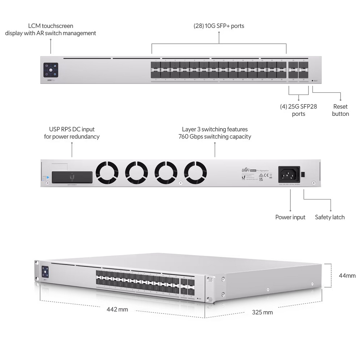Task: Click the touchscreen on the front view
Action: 51,70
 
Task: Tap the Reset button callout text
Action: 340,110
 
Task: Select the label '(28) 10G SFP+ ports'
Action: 219,26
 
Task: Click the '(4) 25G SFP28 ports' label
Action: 298,110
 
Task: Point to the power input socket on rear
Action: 289,174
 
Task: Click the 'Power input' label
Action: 290,217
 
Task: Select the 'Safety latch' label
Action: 329,217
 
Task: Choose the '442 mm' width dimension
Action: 117,310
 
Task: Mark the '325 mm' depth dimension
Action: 262,312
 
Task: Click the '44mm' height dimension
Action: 347,275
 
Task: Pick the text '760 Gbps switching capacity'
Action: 215,136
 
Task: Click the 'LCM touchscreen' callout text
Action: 51,26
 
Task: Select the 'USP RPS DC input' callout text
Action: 72,129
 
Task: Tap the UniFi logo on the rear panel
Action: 247,170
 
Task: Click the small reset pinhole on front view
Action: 312,81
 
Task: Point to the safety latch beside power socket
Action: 303,174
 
